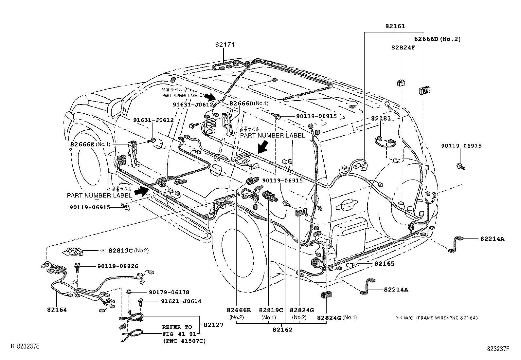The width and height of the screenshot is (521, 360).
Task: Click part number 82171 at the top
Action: click(225, 45)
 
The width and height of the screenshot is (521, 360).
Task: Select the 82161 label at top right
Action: click(395, 26)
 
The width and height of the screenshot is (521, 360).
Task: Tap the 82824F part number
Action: click(403, 47)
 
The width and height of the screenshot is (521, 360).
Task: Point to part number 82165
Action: click(385, 263)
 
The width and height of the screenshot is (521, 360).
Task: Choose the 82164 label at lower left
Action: click(57, 310)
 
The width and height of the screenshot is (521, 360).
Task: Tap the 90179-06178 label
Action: click(169, 292)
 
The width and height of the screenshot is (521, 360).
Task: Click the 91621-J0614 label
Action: click(181, 301)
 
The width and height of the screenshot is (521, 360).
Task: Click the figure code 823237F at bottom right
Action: click(498, 349)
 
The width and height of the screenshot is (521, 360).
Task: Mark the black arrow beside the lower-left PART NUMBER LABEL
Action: click(143, 191)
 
